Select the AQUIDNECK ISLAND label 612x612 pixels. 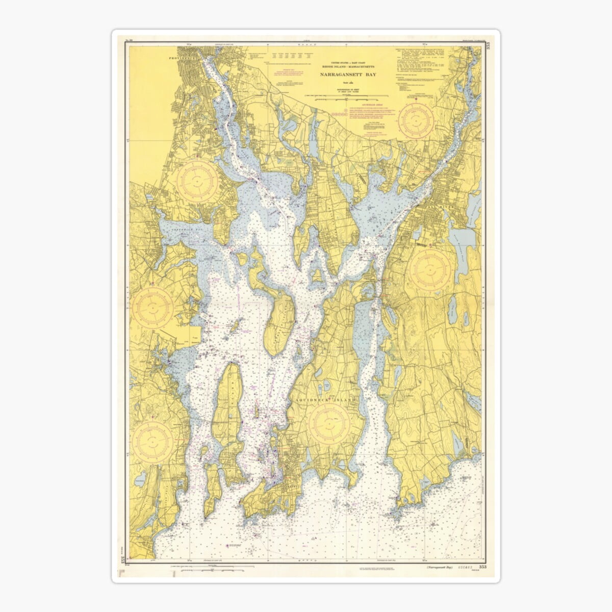pyautogui.click(x=326, y=401)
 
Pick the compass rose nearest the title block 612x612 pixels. pyautogui.click(x=417, y=118)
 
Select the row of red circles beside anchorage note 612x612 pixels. pyautogui.click(x=339, y=115)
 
